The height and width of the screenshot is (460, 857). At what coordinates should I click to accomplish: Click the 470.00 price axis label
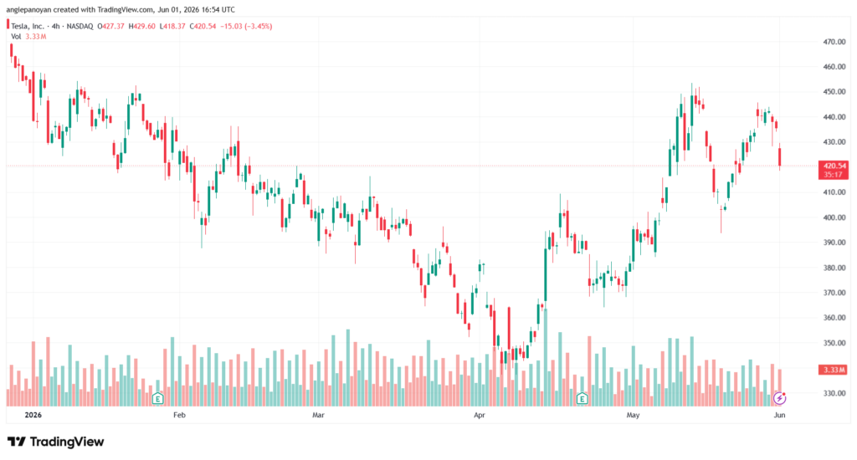coord(834,42)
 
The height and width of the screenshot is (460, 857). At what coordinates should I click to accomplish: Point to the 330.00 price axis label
coord(834,393)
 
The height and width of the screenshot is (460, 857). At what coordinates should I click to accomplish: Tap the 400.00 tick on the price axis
coord(834,217)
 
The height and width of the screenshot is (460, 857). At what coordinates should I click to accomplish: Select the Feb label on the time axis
coord(179,415)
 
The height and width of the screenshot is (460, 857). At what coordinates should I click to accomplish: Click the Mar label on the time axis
coord(318,415)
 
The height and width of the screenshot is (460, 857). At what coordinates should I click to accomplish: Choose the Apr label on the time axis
coord(480,415)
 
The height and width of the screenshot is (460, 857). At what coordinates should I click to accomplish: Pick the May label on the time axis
coord(633,415)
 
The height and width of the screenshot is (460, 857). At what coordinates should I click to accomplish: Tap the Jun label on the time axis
coord(779,415)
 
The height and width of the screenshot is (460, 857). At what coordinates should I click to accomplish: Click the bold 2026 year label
coord(33,415)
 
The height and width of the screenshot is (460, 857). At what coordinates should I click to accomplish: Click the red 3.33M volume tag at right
coord(834,370)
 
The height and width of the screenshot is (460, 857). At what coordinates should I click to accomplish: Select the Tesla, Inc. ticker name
coord(28,26)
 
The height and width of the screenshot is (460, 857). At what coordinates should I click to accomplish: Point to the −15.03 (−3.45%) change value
coord(246,26)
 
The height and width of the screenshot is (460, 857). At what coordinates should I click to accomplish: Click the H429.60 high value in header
coord(142,26)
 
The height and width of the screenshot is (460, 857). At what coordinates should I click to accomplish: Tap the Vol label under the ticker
coord(16,37)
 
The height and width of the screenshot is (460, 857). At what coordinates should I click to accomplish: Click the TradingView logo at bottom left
coord(55,442)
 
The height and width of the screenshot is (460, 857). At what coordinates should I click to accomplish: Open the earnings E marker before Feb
coord(158,398)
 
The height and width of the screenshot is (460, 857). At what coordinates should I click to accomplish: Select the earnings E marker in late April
coord(582,398)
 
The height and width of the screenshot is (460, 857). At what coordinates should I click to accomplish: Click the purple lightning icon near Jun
coord(780,398)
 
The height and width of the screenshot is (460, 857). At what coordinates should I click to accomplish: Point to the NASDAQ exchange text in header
coord(80,26)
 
